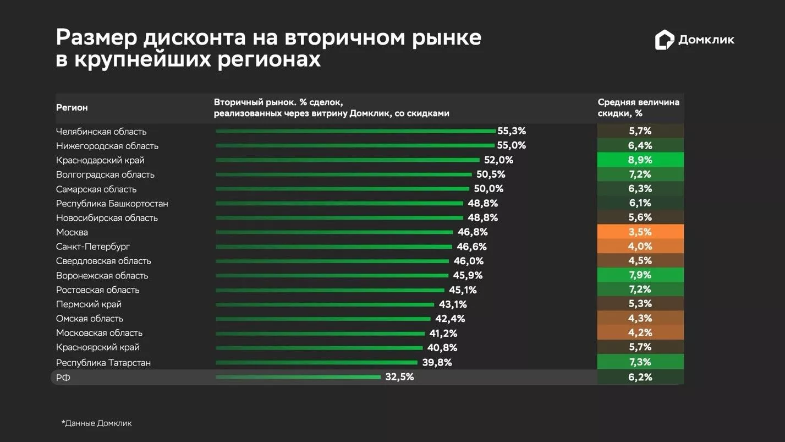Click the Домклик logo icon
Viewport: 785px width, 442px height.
[665, 40]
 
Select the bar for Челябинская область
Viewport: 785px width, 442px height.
[355, 132]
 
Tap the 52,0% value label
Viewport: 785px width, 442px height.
[498, 160]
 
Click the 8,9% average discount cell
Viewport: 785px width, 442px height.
[640, 160]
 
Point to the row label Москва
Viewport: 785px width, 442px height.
[72, 232]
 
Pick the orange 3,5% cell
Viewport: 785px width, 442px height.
[640, 232]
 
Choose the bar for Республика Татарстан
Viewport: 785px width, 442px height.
[316, 362]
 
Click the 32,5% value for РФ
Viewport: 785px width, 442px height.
[399, 377]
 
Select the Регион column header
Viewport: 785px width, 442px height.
[72, 108]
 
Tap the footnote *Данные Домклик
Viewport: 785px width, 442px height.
[97, 423]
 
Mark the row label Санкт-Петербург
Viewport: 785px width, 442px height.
[93, 247]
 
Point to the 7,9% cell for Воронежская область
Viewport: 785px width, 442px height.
[640, 275]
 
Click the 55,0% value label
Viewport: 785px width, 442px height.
[512, 146]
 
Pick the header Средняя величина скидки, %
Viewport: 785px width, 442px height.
[638, 108]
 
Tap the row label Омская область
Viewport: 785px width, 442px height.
[90, 319]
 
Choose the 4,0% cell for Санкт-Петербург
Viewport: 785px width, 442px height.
[640, 246]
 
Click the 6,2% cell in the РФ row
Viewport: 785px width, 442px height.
[640, 377]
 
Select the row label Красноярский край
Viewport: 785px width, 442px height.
[98, 347]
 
